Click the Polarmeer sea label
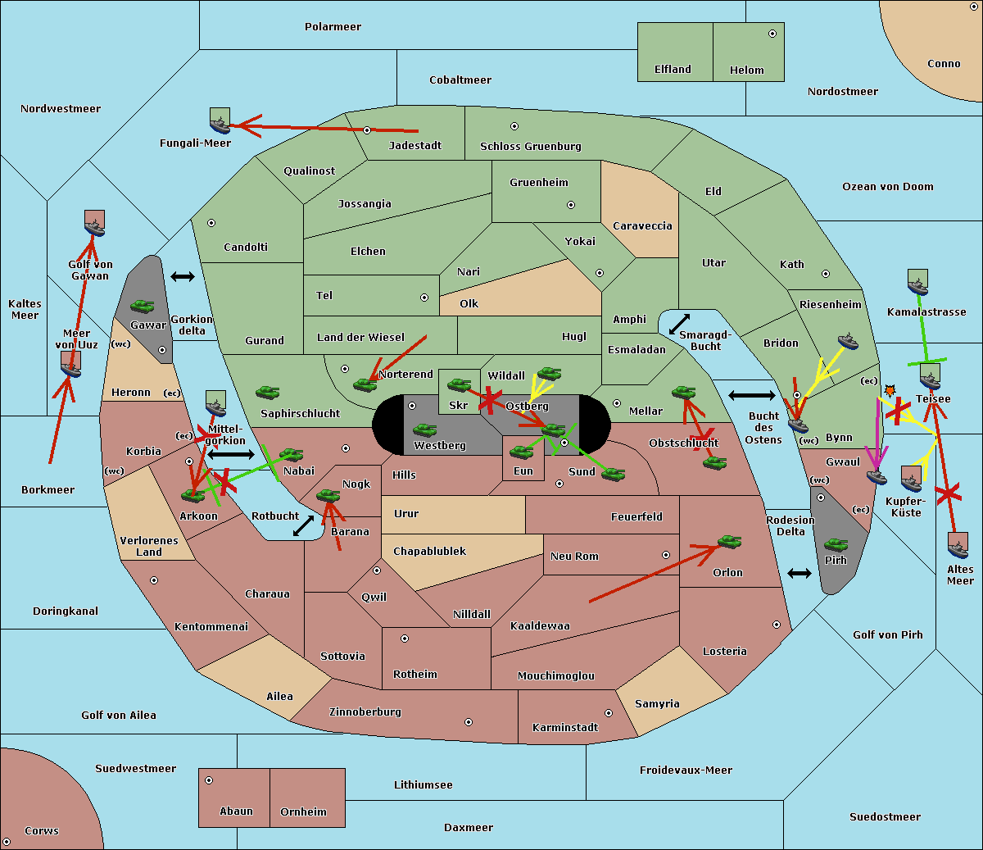333,27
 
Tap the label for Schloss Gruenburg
531,146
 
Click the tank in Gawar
143,306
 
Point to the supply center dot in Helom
772,34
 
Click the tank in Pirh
836,544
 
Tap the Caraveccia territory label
642,225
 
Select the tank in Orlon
730,542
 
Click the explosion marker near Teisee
890,391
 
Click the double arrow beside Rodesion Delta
800,574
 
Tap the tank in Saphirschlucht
267,392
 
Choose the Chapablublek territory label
429,551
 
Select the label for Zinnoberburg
365,712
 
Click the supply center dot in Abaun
209,780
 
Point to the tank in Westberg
424,430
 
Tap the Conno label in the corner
944,64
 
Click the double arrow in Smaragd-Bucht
679,324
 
